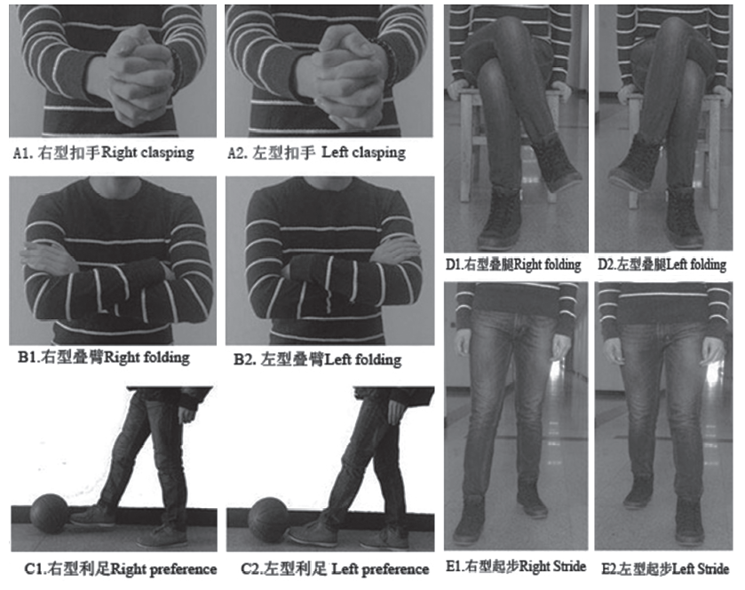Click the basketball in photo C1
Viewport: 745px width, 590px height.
pos(49,514)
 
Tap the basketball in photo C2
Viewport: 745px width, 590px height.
pos(268,519)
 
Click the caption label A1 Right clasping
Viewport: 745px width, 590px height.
pos(104,153)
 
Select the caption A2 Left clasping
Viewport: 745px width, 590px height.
pos(316,153)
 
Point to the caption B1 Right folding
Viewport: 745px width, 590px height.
pos(104,357)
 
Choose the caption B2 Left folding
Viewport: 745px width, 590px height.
pos(317,359)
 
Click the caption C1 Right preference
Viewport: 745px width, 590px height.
pos(121,569)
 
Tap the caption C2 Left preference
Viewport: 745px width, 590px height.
pos(335,569)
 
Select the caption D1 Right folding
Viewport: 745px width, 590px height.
pos(513,264)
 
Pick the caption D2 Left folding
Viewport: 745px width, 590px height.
pos(662,264)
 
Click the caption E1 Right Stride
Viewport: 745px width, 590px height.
pos(516,566)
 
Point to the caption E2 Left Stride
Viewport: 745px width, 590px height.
pos(665,568)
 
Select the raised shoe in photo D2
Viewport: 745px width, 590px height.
pos(634,164)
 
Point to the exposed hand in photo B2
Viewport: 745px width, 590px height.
pos(395,250)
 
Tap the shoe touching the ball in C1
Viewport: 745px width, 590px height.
pos(93,515)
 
